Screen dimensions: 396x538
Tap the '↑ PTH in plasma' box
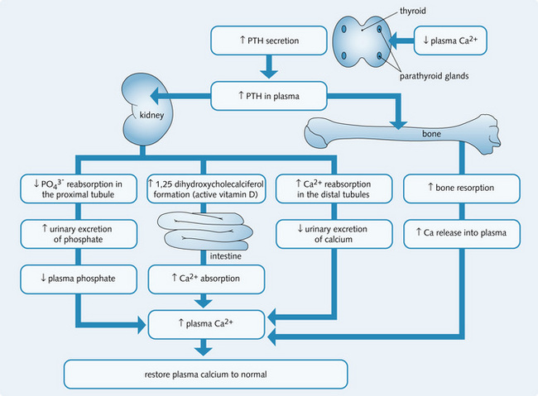265,96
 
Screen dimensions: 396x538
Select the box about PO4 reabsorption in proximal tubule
79,188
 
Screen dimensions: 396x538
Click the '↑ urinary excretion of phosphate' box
79,234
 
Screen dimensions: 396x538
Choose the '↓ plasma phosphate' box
79,279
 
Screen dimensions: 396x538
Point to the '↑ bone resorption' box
462,188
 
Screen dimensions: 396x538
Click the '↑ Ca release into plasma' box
462,234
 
